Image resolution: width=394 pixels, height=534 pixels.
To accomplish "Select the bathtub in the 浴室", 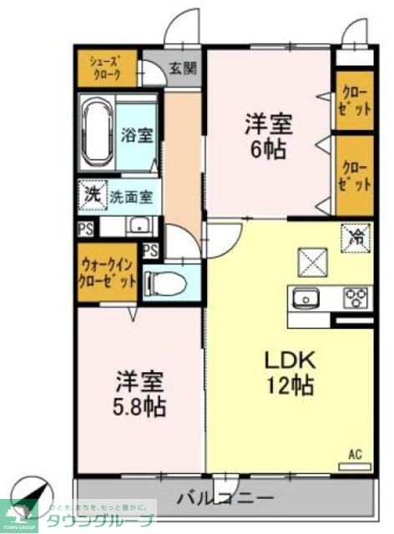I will [97, 132].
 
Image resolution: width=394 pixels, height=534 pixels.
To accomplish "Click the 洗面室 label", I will [132, 198].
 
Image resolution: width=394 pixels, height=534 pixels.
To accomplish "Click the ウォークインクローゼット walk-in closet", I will [107, 273].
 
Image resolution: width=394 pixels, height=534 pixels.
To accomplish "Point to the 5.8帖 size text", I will [140, 407].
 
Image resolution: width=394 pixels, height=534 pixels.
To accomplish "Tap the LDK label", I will [289, 360].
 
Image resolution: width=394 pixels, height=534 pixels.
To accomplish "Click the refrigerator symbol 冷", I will [354, 238].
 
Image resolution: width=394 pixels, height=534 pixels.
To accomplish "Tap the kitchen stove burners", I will [356, 296].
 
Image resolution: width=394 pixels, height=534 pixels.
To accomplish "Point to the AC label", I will [355, 455].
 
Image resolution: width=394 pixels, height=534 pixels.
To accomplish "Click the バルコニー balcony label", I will [225, 498].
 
